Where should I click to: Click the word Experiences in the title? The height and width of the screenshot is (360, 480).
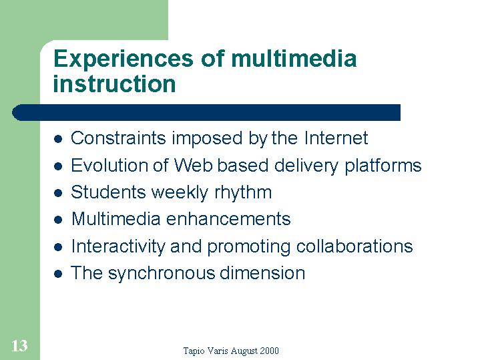point(124,59)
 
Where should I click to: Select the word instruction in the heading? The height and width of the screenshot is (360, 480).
point(114,83)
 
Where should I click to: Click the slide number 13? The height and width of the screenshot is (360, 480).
point(19,345)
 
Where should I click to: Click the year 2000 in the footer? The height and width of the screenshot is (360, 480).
point(270,351)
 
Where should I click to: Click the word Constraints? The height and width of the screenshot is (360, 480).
point(118,138)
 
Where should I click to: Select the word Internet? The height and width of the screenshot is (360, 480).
point(336,138)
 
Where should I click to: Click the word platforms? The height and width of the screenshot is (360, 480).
point(383,166)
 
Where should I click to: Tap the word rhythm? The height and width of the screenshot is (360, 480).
point(243,193)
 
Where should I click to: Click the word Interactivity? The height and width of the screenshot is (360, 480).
point(118,246)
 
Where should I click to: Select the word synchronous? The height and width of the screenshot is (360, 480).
point(162,274)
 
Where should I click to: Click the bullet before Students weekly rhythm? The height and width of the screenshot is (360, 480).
point(58,193)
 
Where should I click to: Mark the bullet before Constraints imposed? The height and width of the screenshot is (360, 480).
point(58,139)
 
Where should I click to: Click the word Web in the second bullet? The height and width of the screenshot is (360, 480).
point(194,166)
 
